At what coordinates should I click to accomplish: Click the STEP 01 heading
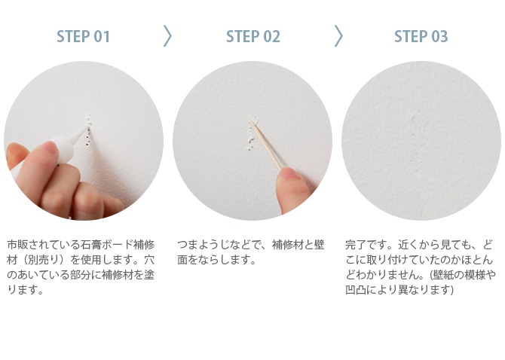[x=83, y=36]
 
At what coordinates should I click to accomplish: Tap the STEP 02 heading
[x=253, y=36]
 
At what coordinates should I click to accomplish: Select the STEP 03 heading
[x=421, y=36]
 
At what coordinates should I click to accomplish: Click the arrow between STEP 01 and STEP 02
[x=167, y=36]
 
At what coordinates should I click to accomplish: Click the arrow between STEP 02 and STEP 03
[x=338, y=36]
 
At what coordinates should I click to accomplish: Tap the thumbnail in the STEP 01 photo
[x=49, y=148]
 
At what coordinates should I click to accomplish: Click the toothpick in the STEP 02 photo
[x=267, y=146]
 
